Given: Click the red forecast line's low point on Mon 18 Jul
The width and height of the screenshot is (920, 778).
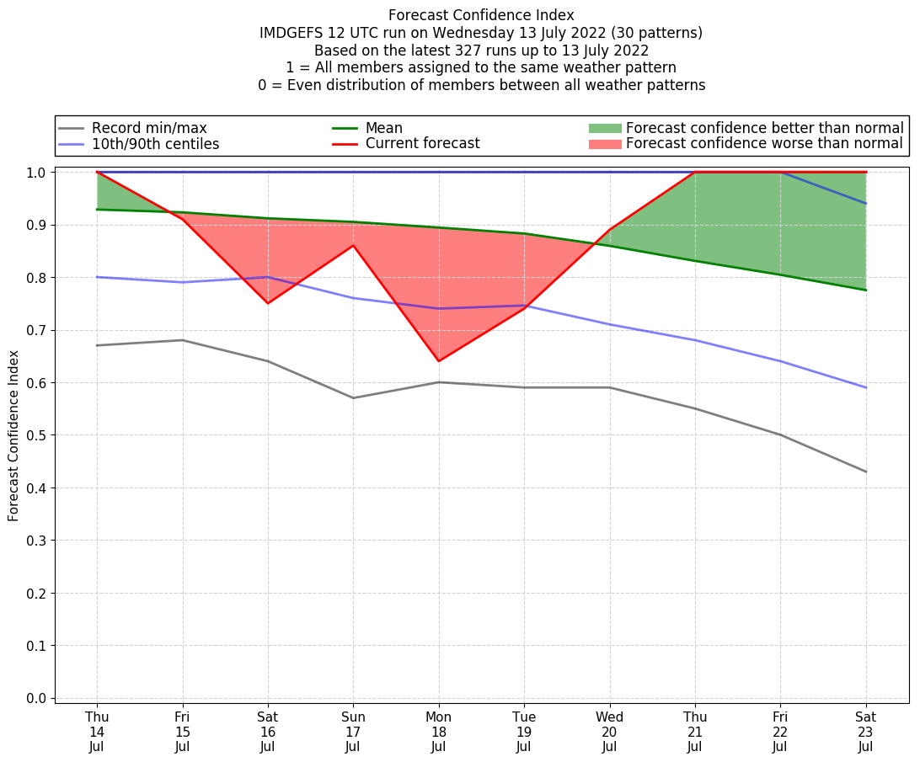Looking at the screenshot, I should tap(438, 361).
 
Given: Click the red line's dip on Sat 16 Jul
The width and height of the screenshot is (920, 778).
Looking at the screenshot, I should tap(268, 303).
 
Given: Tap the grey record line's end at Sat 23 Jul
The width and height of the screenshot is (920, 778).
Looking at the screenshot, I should tap(866, 472).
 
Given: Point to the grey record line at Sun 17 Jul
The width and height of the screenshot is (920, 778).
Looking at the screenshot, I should tap(353, 398).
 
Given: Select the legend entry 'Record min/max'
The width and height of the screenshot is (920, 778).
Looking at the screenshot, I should tap(149, 128).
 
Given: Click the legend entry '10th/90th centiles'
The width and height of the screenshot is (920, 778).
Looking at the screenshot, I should tap(155, 144).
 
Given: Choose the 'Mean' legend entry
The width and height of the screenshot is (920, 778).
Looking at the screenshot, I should tap(383, 128).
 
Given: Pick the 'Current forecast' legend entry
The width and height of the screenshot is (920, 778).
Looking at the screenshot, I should tap(422, 144).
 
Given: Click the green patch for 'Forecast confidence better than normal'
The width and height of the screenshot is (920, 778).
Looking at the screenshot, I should tap(604, 128).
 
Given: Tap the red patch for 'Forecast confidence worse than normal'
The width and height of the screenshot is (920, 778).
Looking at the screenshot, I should tap(604, 144).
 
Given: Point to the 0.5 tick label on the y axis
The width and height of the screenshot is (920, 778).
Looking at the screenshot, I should tap(36, 435).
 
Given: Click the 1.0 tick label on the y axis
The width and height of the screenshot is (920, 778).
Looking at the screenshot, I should tap(36, 173).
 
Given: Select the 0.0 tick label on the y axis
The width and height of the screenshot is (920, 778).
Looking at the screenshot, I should tap(36, 698).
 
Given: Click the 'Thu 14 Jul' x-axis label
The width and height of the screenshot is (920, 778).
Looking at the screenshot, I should tap(97, 731).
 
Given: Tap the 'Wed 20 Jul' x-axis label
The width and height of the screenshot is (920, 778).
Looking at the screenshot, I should tap(609, 731).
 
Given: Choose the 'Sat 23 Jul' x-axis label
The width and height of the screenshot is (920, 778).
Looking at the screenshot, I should tap(866, 731).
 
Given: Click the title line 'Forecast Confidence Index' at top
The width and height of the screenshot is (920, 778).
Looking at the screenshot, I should tap(481, 15).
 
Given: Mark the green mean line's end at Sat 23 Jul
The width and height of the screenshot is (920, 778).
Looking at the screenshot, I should tap(866, 290).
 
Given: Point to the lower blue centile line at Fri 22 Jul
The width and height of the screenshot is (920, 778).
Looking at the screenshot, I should tap(780, 361).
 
